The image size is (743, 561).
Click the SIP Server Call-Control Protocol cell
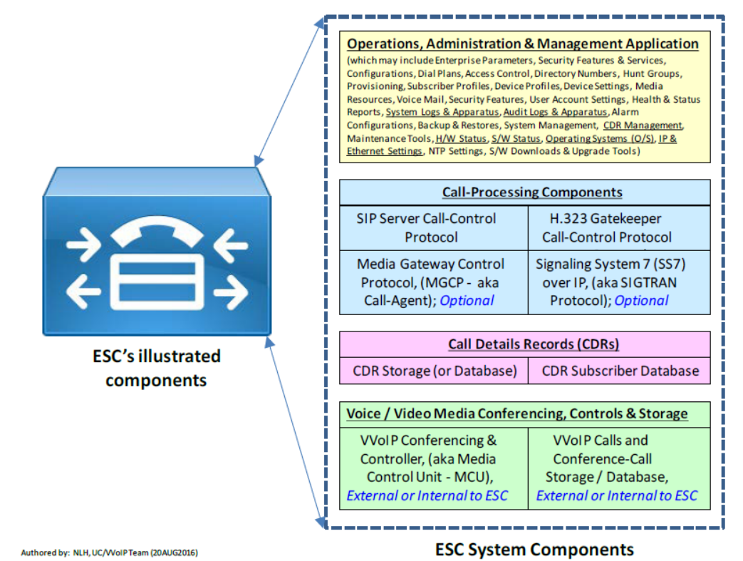click(426, 227)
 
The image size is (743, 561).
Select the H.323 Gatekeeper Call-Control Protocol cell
click(607, 227)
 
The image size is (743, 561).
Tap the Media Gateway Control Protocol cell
click(430, 282)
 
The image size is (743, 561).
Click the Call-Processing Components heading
click(531, 192)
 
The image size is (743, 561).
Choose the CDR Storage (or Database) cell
click(435, 371)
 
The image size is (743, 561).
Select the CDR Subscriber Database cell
click(620, 371)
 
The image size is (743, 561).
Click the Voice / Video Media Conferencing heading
click(516, 413)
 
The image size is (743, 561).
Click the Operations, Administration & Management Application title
click(523, 43)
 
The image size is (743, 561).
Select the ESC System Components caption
click(534, 549)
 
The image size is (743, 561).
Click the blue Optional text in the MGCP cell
click(467, 300)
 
